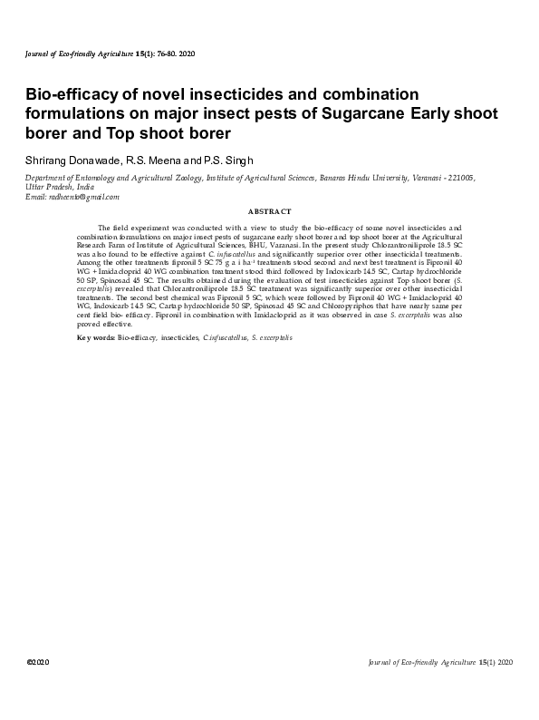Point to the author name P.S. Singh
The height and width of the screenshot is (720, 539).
tap(235, 160)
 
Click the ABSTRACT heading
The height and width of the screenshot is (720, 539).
tap(269, 211)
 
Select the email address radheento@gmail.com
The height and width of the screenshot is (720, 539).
tap(85, 197)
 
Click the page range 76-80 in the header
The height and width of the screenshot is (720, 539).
tap(169, 54)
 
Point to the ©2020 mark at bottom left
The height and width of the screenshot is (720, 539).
tap(38, 663)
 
